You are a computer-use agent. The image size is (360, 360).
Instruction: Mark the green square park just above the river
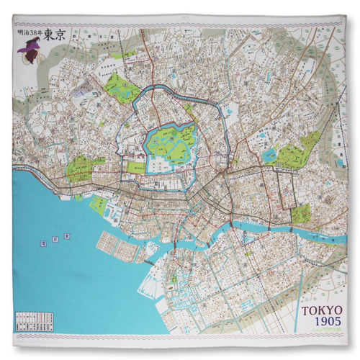tap(301, 213)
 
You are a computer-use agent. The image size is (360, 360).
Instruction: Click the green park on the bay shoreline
tap(99, 206)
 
